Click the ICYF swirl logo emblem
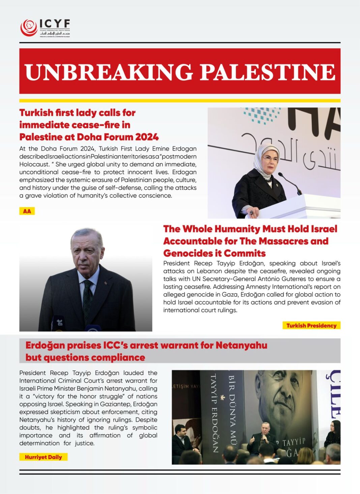click(x=29, y=28)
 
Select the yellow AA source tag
click(x=27, y=211)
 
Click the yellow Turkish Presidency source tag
click(x=311, y=325)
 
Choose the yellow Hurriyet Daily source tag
click(x=43, y=457)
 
